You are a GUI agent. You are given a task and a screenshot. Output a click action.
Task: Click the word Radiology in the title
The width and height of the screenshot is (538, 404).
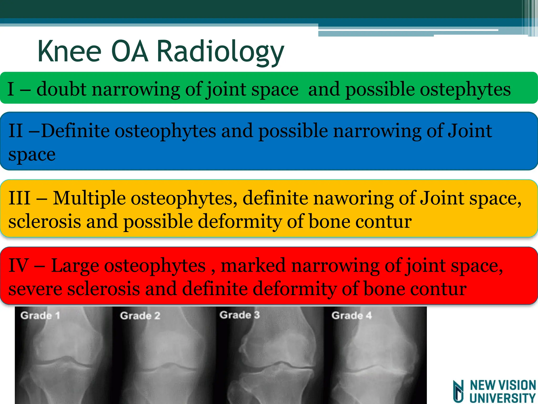(x=220, y=51)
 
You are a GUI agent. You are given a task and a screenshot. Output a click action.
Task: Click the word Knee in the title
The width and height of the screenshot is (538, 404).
(x=69, y=51)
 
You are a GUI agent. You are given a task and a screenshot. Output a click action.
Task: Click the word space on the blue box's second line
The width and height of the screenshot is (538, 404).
(x=32, y=154)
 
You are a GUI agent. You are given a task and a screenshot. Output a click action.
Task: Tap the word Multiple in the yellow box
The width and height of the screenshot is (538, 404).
(x=89, y=198)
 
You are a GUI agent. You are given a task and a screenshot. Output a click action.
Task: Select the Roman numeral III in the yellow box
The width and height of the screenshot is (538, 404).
(x=19, y=198)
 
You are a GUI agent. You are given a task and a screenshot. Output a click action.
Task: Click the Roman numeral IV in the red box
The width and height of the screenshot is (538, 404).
(x=18, y=266)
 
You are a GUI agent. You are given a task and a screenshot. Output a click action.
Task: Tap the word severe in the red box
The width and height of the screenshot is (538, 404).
(x=35, y=289)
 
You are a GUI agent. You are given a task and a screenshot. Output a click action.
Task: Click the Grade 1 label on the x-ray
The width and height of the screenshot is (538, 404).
(x=40, y=315)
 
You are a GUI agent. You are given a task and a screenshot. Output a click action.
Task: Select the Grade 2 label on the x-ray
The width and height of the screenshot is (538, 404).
(x=140, y=315)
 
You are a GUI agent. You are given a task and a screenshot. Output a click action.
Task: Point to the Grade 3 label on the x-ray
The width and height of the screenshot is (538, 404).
(x=240, y=315)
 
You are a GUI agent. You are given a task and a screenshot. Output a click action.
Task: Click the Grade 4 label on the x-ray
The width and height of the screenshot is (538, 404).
(x=351, y=315)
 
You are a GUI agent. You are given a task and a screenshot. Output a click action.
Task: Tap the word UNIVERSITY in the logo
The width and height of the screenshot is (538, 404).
(x=503, y=398)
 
